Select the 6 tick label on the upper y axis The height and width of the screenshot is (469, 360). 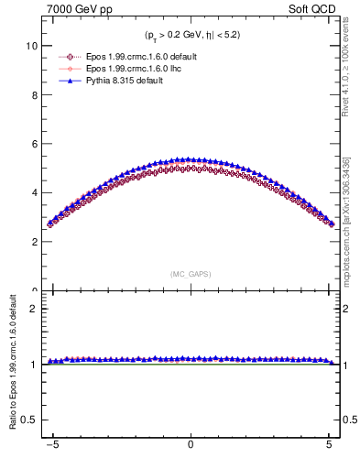[x=37, y=144]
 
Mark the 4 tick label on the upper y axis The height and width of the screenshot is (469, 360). [x=37, y=193]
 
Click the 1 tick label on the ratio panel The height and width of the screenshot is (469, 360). [x=37, y=365]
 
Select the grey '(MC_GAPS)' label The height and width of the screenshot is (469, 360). [x=190, y=274]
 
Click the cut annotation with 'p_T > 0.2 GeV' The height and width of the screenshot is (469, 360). [x=190, y=35]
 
